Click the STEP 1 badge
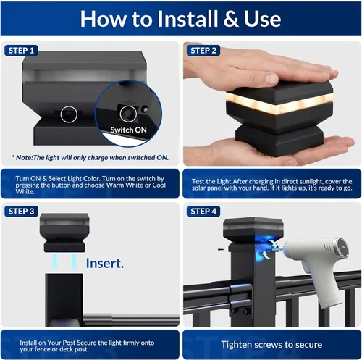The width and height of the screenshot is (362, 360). point(21,51)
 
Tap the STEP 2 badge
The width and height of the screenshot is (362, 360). point(203,51)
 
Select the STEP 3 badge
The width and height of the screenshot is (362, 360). point(21,212)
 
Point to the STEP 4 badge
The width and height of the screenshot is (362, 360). point(203,212)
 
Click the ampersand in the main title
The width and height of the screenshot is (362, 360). point(231,19)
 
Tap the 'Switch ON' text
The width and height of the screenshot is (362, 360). point(128,130)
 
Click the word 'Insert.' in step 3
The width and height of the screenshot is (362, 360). point(105,263)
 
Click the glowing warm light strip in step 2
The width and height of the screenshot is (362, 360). point(279,104)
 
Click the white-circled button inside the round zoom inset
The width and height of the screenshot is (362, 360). point(128,114)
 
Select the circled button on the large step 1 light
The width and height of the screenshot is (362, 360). point(69,114)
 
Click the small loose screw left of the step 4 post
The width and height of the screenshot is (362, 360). point(221,249)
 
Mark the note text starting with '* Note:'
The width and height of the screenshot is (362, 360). point(90,158)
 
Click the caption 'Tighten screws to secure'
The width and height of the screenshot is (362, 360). point(271,345)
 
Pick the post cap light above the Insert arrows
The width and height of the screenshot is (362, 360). point(64,233)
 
